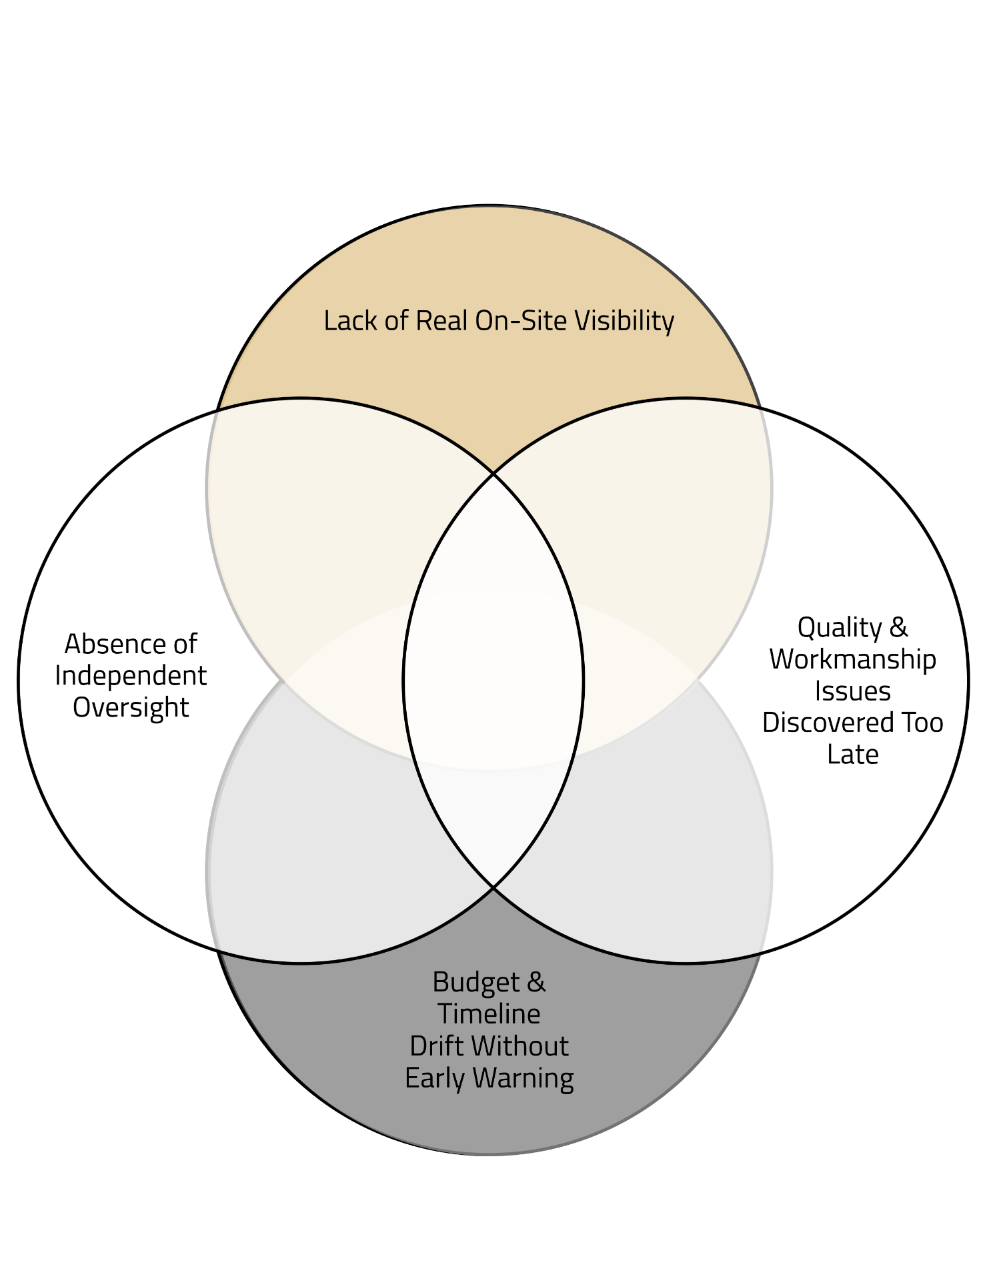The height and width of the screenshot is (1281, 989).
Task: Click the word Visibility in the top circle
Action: pyautogui.click(x=625, y=321)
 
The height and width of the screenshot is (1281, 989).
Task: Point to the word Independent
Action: pyautogui.click(x=131, y=676)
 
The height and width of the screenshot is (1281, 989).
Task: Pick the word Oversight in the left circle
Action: pyautogui.click(x=131, y=708)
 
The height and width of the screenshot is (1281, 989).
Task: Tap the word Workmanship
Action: pyautogui.click(x=852, y=659)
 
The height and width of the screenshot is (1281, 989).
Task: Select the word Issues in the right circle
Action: pyautogui.click(x=852, y=691)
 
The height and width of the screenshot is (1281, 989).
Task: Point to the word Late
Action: pyautogui.click(x=852, y=755)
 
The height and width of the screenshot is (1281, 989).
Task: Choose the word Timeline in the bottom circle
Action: pyautogui.click(x=489, y=1014)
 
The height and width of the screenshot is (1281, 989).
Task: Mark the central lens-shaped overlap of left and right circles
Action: pyautogui.click(x=493, y=681)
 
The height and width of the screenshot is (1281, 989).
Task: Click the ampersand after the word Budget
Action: pyautogui.click(x=537, y=982)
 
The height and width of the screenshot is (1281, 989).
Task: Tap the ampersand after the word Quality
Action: pyautogui.click(x=898, y=628)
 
